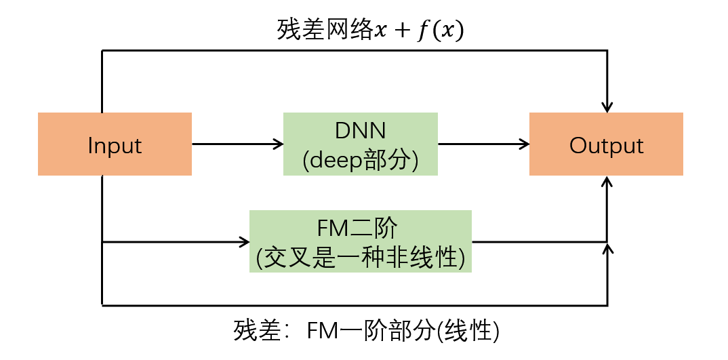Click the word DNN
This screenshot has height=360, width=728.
click(x=361, y=131)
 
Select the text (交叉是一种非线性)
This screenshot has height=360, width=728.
click(x=361, y=257)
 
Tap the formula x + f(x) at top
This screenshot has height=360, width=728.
click(x=420, y=31)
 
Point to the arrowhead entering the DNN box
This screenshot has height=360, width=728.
click(x=278, y=144)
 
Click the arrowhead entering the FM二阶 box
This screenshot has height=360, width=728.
click(x=245, y=241)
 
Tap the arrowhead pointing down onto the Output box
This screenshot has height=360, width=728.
click(x=607, y=107)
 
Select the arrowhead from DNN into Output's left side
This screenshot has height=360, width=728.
click(x=524, y=144)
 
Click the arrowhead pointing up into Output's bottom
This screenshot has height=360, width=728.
click(x=607, y=182)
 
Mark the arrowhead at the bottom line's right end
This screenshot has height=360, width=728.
click(x=607, y=249)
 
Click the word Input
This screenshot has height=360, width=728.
click(x=115, y=145)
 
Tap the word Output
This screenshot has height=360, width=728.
click(x=606, y=145)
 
